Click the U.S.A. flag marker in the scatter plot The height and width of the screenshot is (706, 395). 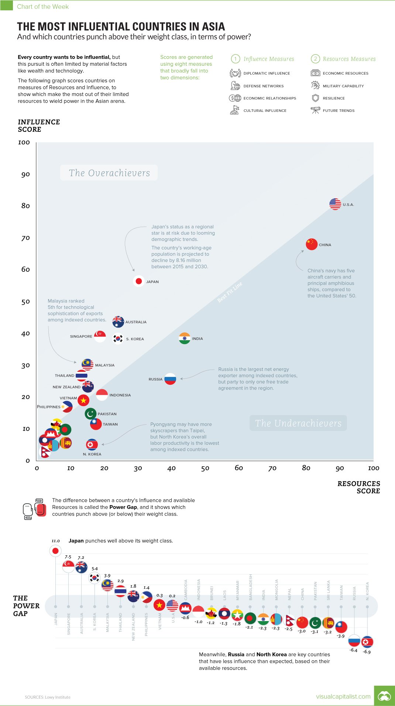(x=335, y=204)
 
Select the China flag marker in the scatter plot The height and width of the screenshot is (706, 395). (x=312, y=244)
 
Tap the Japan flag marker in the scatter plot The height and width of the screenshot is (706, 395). (x=139, y=281)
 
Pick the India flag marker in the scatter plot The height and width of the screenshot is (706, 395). (x=185, y=338)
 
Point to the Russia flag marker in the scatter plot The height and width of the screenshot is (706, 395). (x=170, y=379)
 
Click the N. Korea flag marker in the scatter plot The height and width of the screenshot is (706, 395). (x=92, y=444)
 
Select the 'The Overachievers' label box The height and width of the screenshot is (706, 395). (x=109, y=173)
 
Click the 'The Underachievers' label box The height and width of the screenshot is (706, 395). (x=298, y=423)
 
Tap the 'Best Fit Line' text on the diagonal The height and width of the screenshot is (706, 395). (x=230, y=292)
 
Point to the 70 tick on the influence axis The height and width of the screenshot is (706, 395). (x=25, y=238)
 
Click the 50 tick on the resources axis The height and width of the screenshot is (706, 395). (x=205, y=468)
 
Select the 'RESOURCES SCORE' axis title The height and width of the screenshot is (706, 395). (x=358, y=487)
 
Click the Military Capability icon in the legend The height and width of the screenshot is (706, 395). (x=315, y=86)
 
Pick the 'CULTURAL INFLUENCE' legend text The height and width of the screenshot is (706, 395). (x=265, y=110)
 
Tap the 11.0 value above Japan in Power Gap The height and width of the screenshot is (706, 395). (x=55, y=541)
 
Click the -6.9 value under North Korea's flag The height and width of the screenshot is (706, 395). (x=367, y=652)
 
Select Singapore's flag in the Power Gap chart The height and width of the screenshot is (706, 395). (x=68, y=566)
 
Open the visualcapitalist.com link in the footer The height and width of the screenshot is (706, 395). (x=343, y=696)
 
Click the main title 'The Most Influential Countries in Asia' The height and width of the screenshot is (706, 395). (x=121, y=27)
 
